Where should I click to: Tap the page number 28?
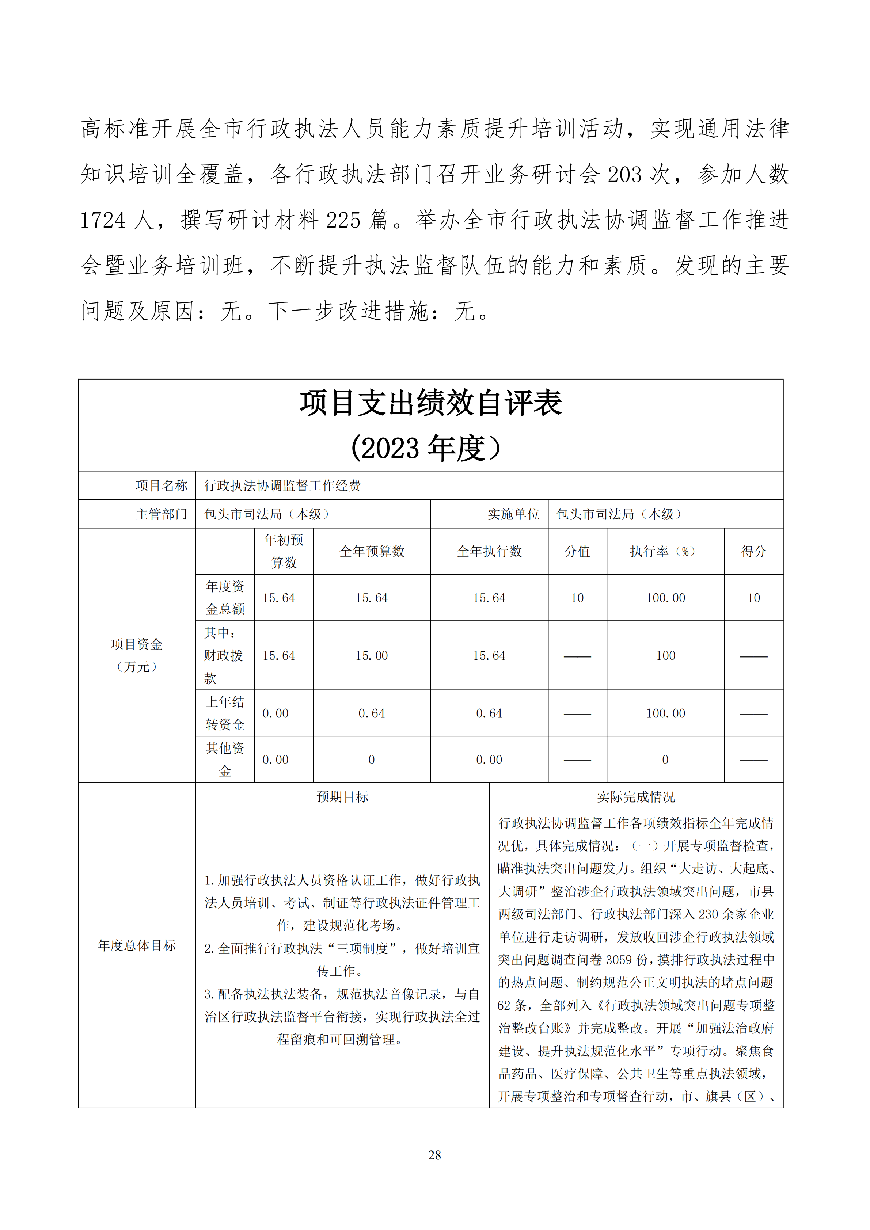pyautogui.click(x=434, y=1155)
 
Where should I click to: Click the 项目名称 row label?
pyautogui.click(x=161, y=485)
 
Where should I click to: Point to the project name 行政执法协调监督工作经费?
pyautogui.click(x=282, y=485)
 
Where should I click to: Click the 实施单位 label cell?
pyautogui.click(x=513, y=514)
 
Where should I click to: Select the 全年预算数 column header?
pyautogui.click(x=372, y=551)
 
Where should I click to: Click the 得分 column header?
pyautogui.click(x=753, y=551)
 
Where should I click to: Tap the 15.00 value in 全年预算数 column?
pyautogui.click(x=372, y=656)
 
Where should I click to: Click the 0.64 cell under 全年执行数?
pyautogui.click(x=489, y=713)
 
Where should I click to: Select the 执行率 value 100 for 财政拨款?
pyautogui.click(x=665, y=656)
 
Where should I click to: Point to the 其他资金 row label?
pyautogui.click(x=225, y=759)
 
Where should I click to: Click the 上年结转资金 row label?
pyautogui.click(x=225, y=713)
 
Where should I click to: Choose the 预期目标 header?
pyautogui.click(x=342, y=797)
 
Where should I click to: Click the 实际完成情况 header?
pyautogui.click(x=636, y=797)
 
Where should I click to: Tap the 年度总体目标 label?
pyautogui.click(x=137, y=945)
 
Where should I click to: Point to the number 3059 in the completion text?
pyautogui.click(x=619, y=959)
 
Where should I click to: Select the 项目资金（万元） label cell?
pyautogui.click(x=137, y=655)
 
